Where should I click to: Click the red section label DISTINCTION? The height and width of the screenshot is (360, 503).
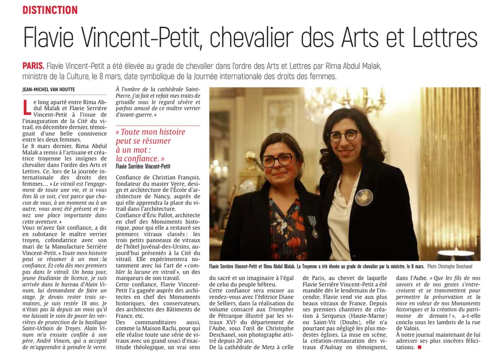click(x=50, y=10)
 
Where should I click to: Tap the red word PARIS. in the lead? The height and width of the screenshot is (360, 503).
click(x=34, y=66)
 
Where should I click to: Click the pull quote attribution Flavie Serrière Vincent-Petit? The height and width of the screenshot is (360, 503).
click(x=143, y=166)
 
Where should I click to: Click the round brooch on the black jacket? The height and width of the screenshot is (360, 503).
click(x=364, y=197)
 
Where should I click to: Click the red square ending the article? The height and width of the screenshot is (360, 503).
click(x=419, y=347)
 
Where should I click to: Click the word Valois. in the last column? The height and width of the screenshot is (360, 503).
click(x=406, y=328)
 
